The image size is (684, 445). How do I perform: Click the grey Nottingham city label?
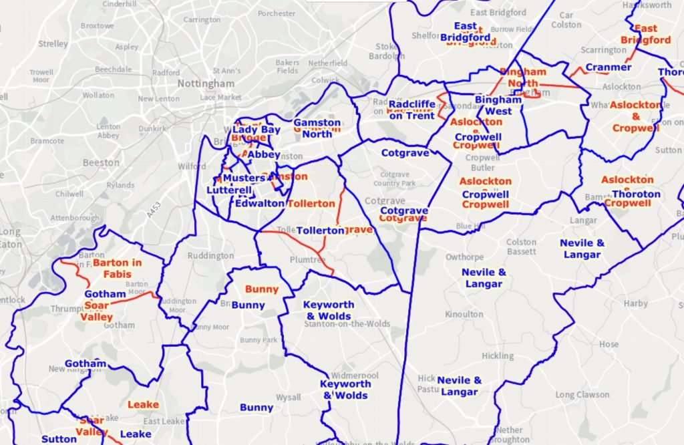[206, 84]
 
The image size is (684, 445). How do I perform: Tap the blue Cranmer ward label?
[608, 67]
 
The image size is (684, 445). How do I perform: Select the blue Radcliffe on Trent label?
[411, 110]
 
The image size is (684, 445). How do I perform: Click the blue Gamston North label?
[317, 128]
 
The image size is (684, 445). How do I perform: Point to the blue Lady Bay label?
[256, 130]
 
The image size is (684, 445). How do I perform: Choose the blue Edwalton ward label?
[259, 203]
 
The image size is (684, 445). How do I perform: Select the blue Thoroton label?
[636, 194]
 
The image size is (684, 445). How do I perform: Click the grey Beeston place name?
[101, 162]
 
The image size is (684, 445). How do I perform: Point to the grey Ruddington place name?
[210, 256]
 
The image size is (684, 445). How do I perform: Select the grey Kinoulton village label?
[464, 314]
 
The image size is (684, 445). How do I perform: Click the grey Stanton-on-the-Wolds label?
[338, 325]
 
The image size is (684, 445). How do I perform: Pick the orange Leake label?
[143, 404]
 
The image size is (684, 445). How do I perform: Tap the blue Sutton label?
[59, 439]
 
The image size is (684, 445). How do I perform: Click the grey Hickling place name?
[498, 356]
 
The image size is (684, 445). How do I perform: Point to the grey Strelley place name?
[53, 43]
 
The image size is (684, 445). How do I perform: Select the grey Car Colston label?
[566, 20]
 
